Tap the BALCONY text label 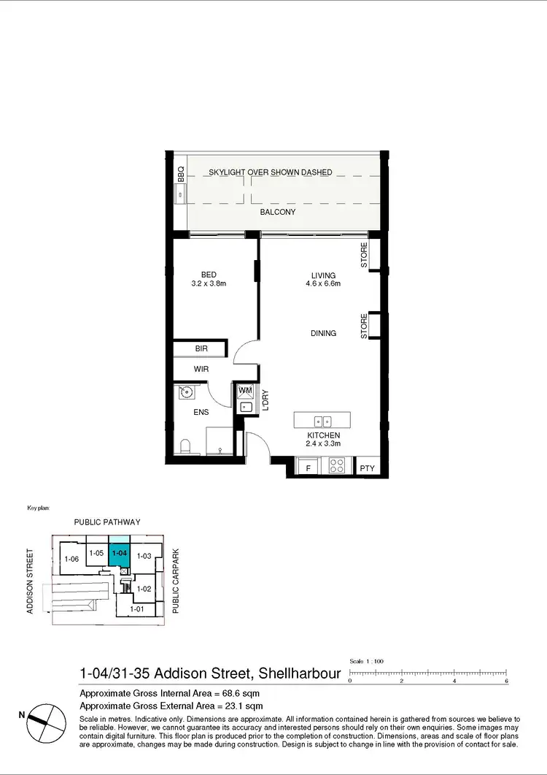point(277,213)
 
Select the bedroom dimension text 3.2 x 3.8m point(209,283)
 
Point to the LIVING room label point(323,275)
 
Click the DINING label point(323,333)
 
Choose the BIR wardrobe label point(202,350)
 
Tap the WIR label point(201,370)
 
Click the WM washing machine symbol point(245,391)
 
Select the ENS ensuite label point(201,413)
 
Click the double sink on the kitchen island point(322,421)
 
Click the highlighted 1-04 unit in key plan point(119,554)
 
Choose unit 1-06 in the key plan point(71,560)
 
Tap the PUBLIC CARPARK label point(175,581)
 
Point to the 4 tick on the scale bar point(454,679)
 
